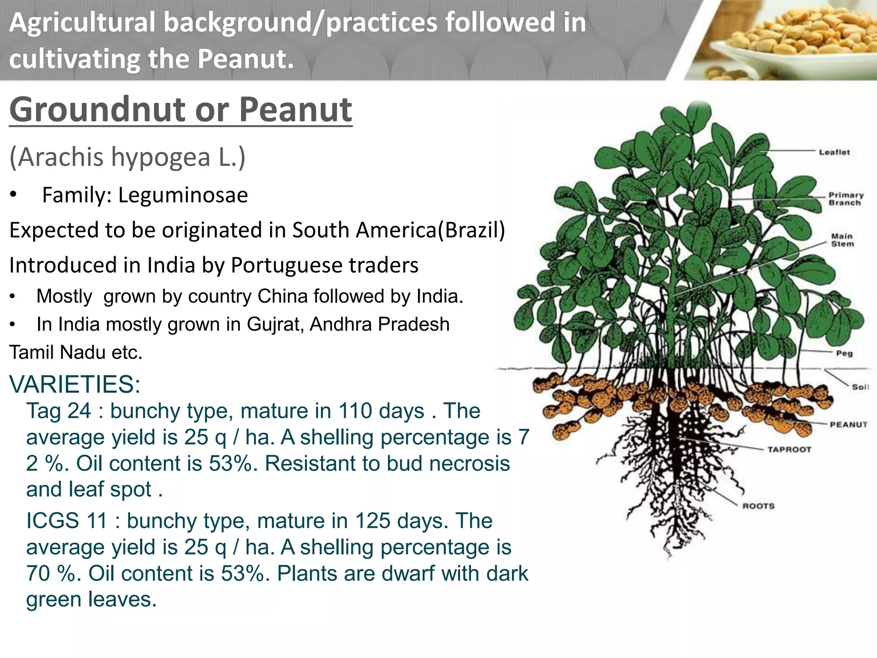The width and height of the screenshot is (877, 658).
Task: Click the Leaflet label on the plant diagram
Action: coord(834,152)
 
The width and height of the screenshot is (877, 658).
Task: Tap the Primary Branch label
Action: coord(846,199)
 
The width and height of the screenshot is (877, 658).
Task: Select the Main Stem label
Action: coord(842,240)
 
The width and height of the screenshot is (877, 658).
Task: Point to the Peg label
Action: coord(844,353)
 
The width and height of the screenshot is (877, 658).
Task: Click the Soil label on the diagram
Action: coord(860,387)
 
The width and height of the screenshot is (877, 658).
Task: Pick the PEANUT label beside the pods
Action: coord(848,425)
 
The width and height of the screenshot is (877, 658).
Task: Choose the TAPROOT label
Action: coord(789,449)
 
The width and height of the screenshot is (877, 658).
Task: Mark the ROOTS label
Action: coord(758,506)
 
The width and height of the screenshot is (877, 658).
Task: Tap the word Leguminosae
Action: coord(183,195)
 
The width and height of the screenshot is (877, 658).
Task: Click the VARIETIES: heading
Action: coord(75,384)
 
